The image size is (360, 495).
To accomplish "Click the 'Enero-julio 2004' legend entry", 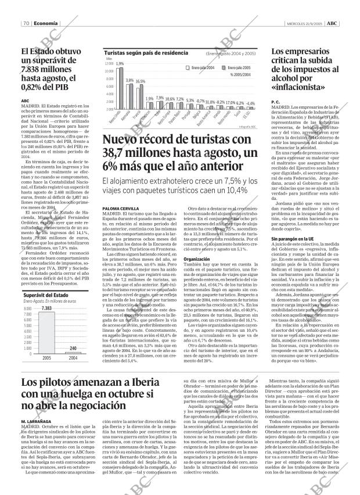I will click(x=201, y=68).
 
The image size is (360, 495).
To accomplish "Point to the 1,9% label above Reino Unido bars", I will click(x=120, y=63).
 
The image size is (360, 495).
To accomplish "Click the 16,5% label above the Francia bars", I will click(x=141, y=81).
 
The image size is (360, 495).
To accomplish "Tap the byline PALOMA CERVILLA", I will click(x=119, y=208).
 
